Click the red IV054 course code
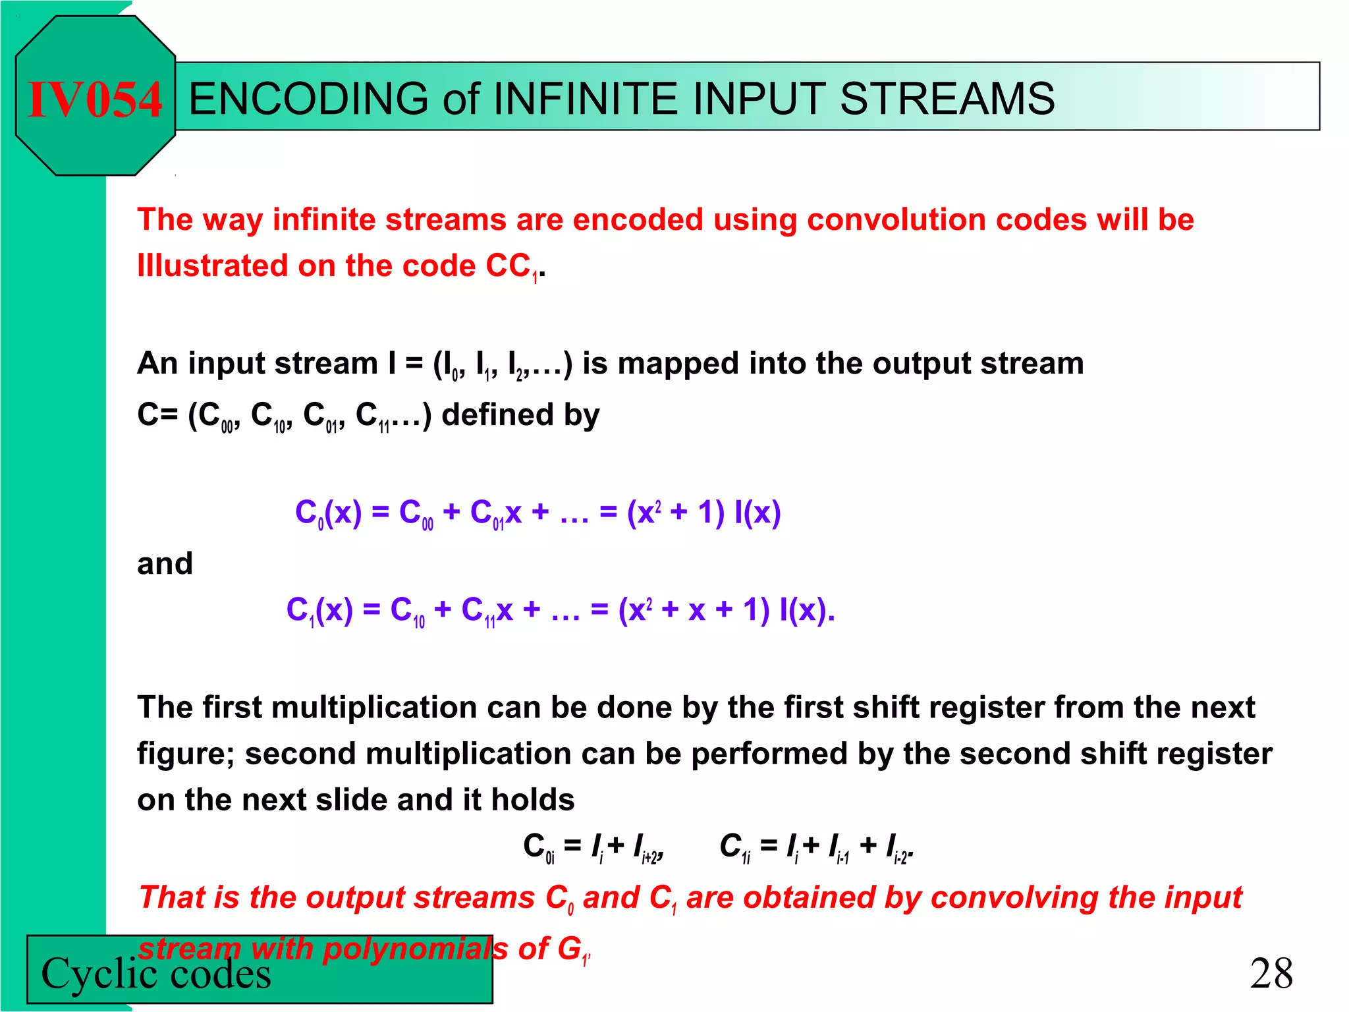pos(95,99)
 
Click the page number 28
pos(1271,973)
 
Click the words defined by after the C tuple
pos(520,415)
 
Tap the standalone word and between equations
pos(165,564)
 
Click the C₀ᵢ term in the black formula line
pos(539,847)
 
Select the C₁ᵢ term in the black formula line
pos(735,847)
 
